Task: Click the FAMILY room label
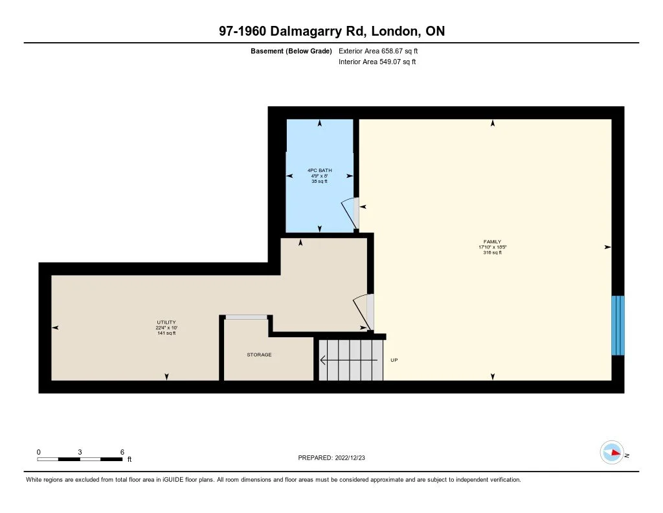489,242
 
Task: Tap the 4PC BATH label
319,171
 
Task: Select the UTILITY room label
166,322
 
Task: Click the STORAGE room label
259,355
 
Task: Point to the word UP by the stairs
394,359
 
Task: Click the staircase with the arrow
350,360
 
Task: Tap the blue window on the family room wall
618,326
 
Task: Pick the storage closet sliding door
246,317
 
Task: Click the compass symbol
612,453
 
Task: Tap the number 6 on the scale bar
122,451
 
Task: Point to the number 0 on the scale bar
39,451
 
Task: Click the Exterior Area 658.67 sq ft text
383,51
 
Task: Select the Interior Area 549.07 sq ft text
377,62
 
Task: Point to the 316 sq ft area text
489,253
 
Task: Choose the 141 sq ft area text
166,333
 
